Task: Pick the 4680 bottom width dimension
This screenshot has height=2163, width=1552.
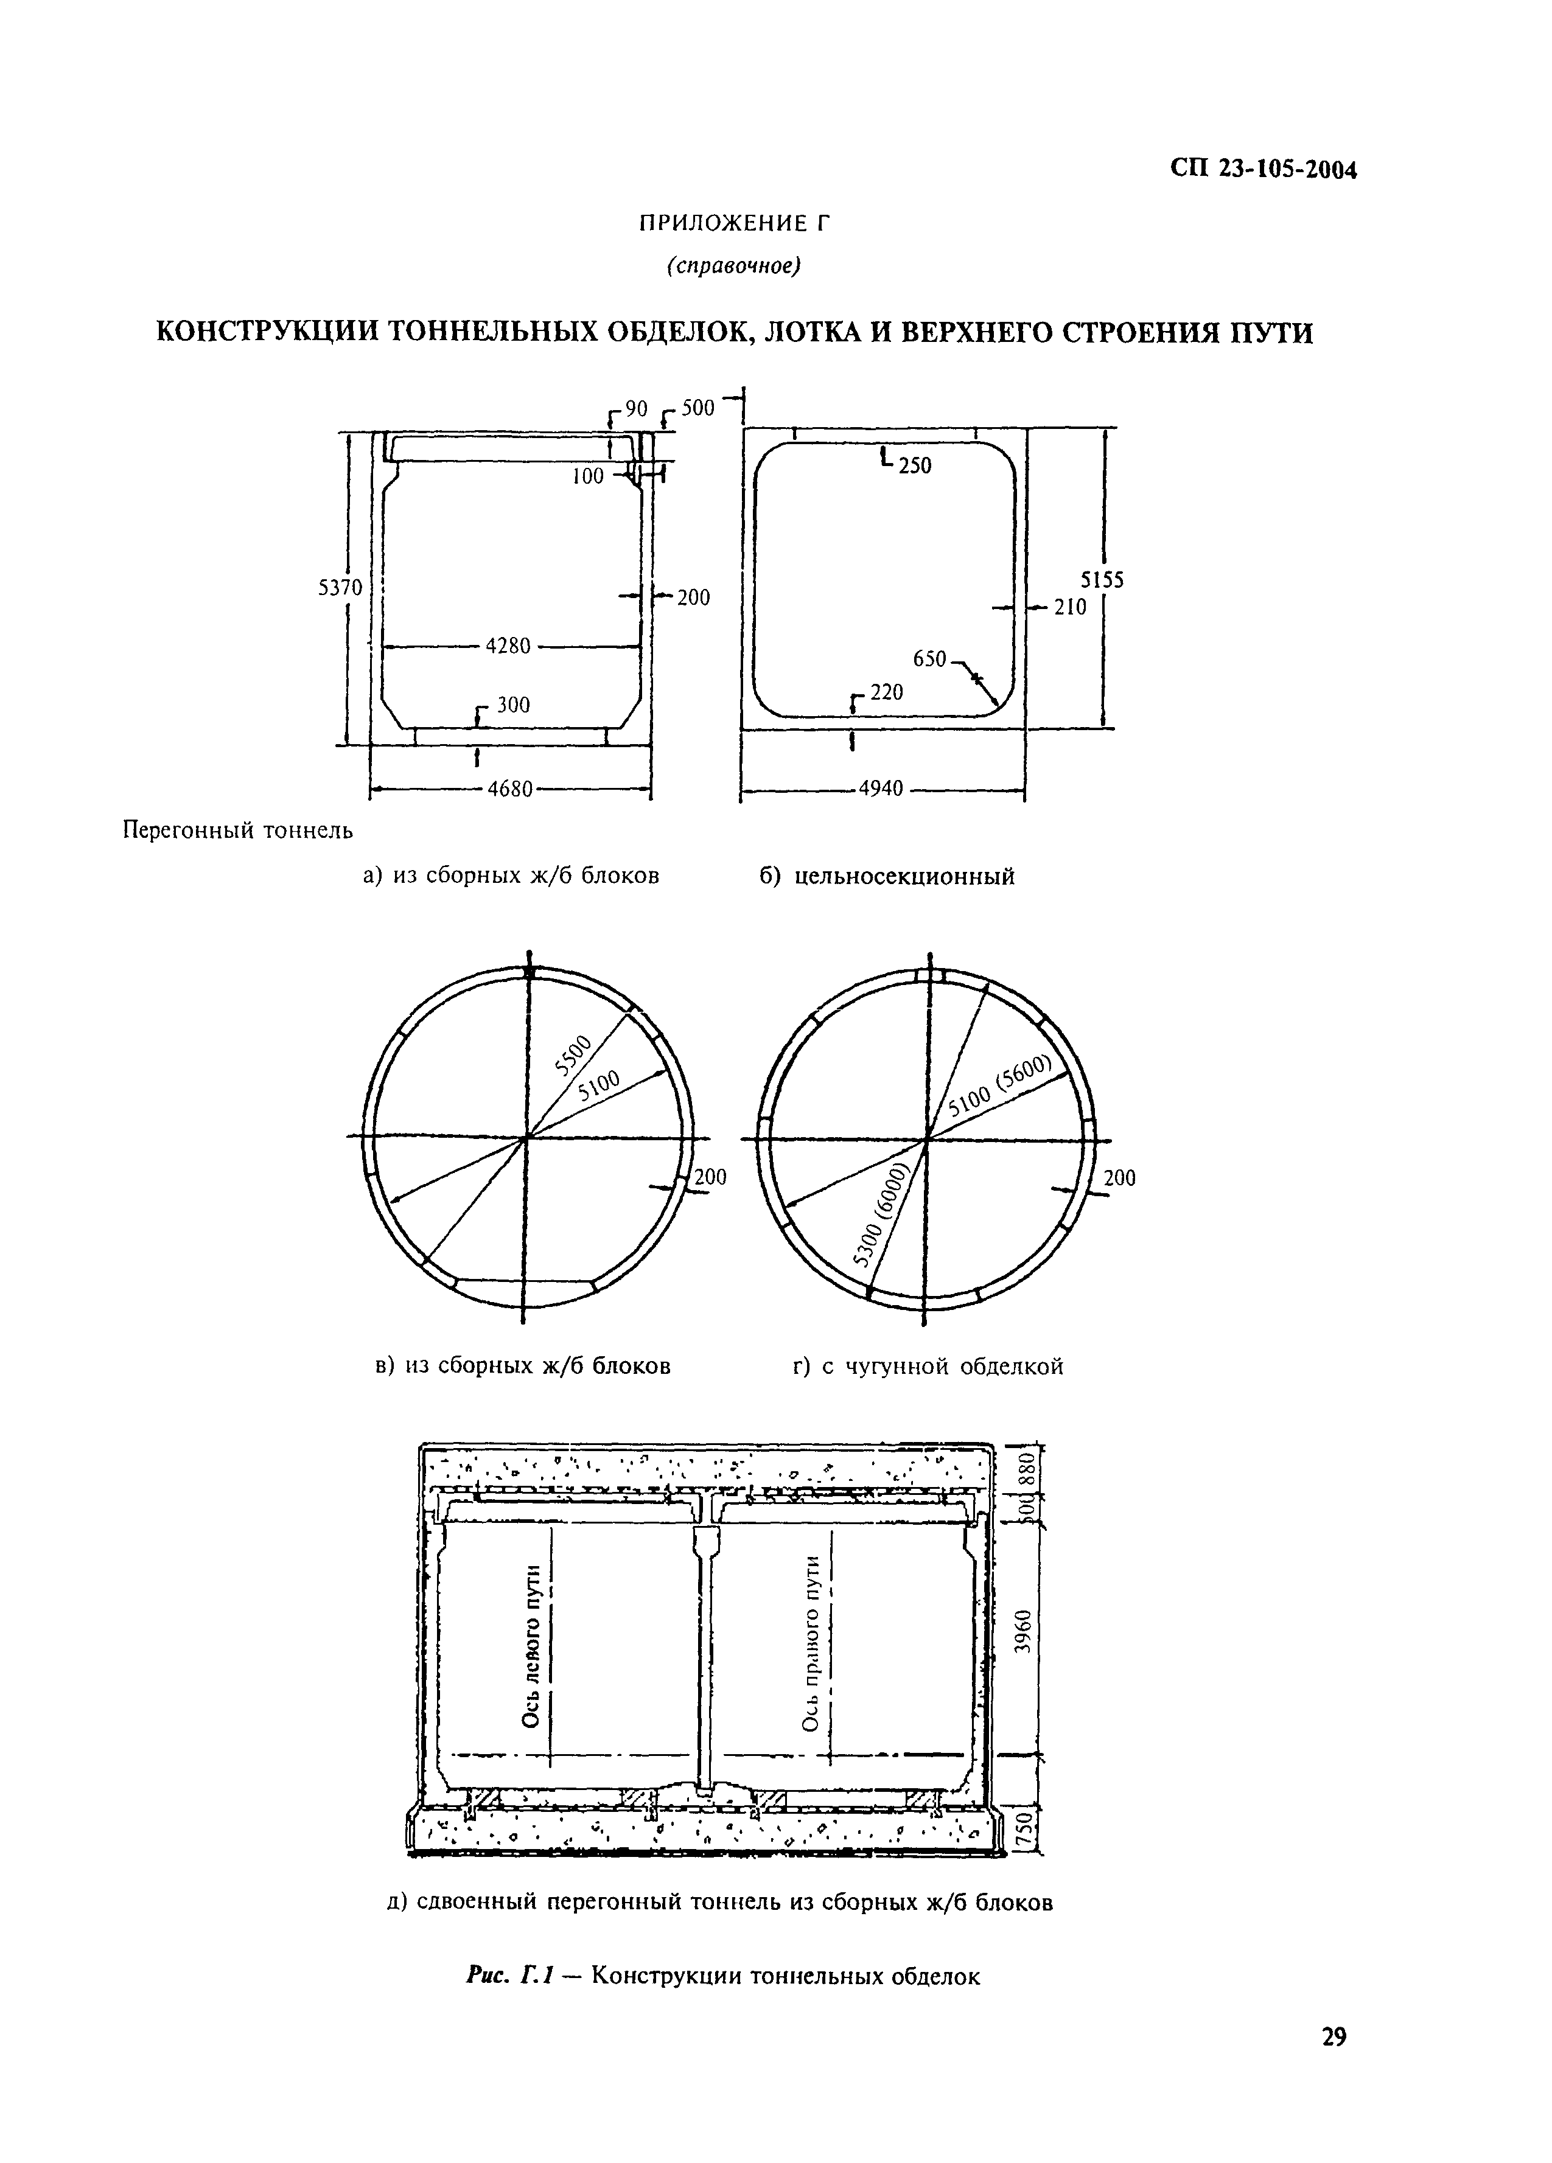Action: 509,790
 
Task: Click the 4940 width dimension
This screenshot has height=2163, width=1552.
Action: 881,789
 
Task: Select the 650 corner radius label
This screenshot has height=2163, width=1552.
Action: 929,659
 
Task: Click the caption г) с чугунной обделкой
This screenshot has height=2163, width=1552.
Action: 927,1367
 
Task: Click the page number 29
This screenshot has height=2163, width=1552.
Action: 1334,2037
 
